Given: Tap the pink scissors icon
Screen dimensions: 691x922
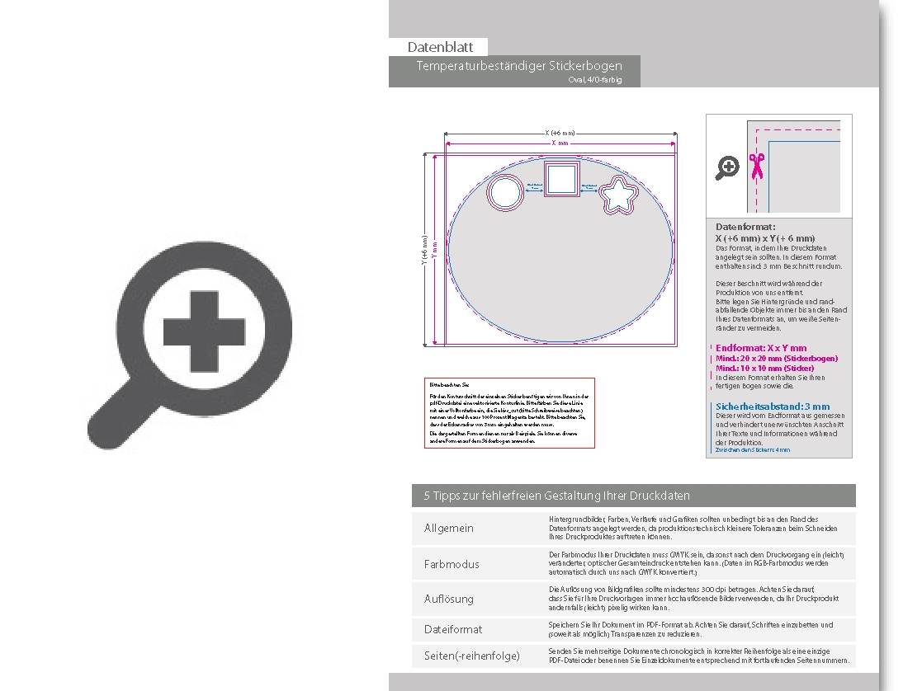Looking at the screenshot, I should (754, 167).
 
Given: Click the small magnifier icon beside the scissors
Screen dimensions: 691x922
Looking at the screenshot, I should (727, 168).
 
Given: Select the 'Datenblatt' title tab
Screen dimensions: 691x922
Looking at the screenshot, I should (440, 47).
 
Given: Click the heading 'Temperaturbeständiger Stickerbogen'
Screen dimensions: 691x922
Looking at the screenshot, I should (519, 66).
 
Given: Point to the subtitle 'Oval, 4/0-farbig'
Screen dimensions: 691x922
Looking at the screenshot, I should (594, 80).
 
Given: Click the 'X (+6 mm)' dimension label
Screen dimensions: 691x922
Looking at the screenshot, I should (560, 133).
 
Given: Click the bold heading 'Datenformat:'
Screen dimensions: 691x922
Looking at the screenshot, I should (745, 227).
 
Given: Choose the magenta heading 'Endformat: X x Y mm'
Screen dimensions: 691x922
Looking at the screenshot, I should (761, 348).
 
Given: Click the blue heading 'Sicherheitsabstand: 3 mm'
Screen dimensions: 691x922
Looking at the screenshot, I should (773, 407).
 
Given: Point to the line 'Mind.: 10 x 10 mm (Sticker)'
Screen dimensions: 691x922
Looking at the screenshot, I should (764, 368).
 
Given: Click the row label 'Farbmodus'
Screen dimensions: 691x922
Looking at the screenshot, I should (452, 565).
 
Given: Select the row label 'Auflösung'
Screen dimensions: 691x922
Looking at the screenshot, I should (449, 599).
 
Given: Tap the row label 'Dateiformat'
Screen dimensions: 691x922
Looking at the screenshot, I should (453, 629).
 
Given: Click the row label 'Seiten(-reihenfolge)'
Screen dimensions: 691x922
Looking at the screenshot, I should (472, 656).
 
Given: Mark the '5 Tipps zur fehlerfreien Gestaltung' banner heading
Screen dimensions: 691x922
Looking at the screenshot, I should (556, 496).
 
